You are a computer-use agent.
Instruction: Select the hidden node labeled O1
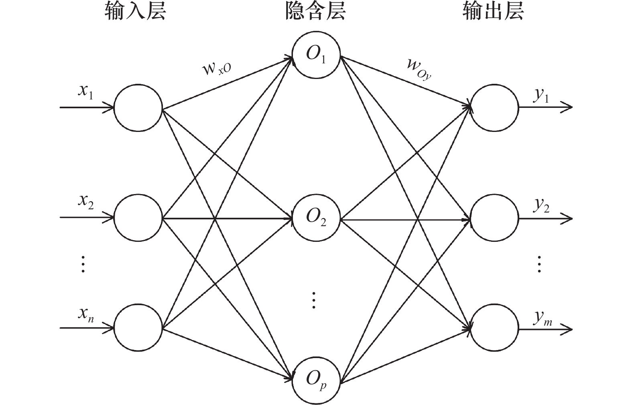316,54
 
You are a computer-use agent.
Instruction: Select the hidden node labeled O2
316,219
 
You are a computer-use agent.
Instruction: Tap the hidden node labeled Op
316,379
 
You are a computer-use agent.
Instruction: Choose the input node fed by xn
138,328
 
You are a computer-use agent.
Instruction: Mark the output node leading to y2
494,219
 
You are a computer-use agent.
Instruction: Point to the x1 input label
85,92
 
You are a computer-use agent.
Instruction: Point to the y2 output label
541,205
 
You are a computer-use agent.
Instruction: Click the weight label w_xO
217,69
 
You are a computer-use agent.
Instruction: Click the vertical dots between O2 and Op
314,300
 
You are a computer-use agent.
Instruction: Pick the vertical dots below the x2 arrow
83,264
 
